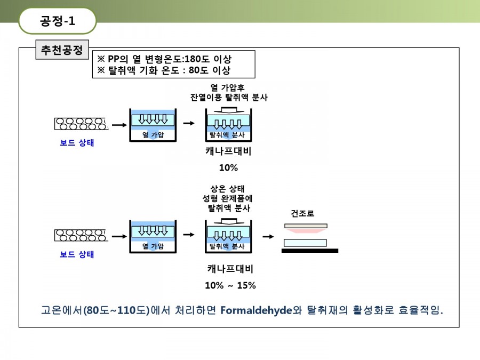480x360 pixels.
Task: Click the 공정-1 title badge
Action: coord(58,21)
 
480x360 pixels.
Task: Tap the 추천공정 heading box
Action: coord(62,50)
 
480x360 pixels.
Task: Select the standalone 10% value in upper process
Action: coord(228,167)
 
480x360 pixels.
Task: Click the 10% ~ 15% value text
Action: coord(230,285)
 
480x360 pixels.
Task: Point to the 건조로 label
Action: coord(302,213)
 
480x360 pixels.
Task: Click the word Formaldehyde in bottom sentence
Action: coord(256,310)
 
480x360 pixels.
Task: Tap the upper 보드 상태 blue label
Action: coord(77,142)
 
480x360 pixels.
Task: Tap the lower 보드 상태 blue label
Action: coord(77,254)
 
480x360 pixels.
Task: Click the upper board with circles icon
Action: coord(81,124)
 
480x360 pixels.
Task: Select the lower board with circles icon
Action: coord(81,235)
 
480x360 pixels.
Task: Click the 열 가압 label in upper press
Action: coord(153,135)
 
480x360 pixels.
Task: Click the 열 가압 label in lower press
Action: coord(153,246)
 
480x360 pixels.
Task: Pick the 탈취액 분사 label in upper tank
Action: coord(227,135)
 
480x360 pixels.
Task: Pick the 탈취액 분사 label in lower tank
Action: coord(227,246)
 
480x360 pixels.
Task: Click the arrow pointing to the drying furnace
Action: coord(268,236)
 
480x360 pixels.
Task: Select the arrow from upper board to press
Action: coord(119,125)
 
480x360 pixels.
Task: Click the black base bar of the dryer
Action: coord(310,251)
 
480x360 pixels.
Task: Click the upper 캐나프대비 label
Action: coord(228,151)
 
